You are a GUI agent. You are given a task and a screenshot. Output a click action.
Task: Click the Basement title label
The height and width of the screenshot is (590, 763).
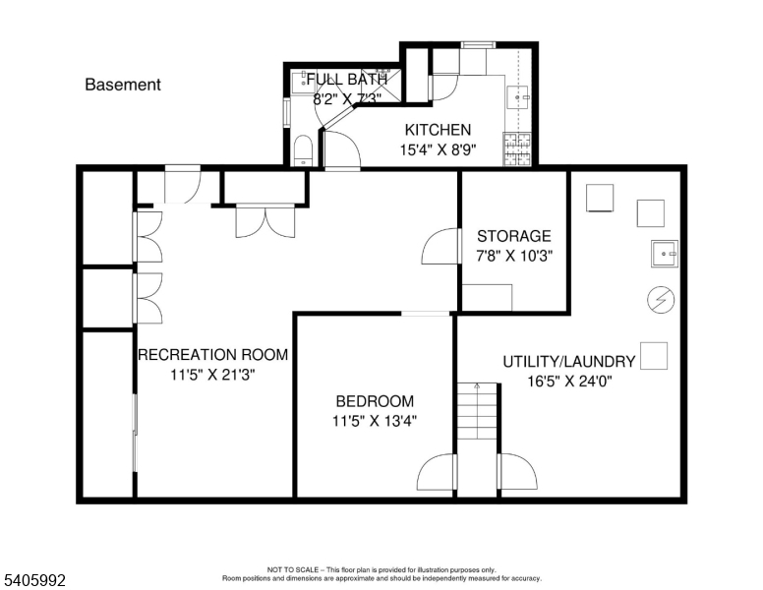click(x=123, y=85)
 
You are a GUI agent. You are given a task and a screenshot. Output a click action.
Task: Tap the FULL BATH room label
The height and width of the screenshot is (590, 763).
click(x=347, y=79)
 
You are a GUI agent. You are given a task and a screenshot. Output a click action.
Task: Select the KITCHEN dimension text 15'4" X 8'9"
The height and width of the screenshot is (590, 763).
click(x=438, y=149)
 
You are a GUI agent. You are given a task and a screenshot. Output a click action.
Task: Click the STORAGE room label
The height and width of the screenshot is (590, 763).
click(x=514, y=236)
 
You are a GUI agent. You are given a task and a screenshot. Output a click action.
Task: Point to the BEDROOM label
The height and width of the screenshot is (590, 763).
click(x=375, y=401)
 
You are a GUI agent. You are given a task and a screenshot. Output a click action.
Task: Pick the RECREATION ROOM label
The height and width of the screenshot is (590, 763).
click(x=213, y=354)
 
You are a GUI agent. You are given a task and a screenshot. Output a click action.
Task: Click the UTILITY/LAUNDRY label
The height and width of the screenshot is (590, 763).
click(x=569, y=362)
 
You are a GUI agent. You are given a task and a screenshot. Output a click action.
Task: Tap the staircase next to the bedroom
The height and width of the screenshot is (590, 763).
click(x=477, y=411)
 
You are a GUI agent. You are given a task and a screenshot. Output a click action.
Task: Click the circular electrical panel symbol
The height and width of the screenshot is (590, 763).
click(x=661, y=299)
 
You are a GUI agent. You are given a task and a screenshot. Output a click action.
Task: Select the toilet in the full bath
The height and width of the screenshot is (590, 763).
click(x=303, y=150)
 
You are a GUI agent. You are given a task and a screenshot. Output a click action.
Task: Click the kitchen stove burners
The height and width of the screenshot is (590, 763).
click(x=517, y=148)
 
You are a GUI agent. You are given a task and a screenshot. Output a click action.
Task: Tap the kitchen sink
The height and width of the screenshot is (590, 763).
click(x=518, y=97)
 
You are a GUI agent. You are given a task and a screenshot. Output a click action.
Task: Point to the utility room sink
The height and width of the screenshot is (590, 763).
click(x=665, y=254)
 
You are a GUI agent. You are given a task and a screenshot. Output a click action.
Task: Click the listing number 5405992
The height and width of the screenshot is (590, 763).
click(x=34, y=580)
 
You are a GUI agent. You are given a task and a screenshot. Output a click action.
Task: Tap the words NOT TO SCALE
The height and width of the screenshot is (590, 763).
click(x=293, y=569)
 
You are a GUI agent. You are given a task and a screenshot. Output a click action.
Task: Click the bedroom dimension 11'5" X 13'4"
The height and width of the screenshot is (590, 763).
click(x=375, y=420)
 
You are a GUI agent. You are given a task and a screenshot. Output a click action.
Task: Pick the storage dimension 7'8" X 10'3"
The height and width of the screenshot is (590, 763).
click(x=514, y=256)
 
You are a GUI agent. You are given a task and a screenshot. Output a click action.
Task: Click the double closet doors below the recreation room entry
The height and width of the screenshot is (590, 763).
click(x=265, y=221)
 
